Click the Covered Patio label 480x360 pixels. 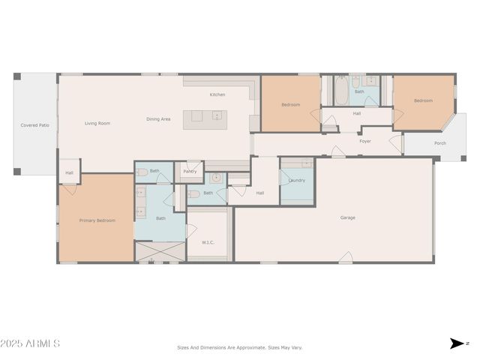coord(34,125)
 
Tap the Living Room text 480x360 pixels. coord(97,123)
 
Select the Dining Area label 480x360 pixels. coord(158,119)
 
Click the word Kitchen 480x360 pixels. coord(217,94)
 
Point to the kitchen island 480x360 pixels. coord(208,116)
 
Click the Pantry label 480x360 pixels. coord(190,171)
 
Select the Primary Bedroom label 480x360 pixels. coord(97,220)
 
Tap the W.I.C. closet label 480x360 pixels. coord(208,242)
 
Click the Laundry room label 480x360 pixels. coord(296,180)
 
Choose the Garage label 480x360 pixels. coord(348,217)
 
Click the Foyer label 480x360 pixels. coord(365,141)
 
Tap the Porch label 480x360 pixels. coord(440,143)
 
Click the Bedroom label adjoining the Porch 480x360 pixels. coord(423,100)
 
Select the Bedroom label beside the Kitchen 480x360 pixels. coord(291,104)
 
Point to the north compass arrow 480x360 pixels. coord(456,343)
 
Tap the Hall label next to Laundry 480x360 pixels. coord(259,193)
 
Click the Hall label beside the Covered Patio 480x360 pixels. coord(69,172)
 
